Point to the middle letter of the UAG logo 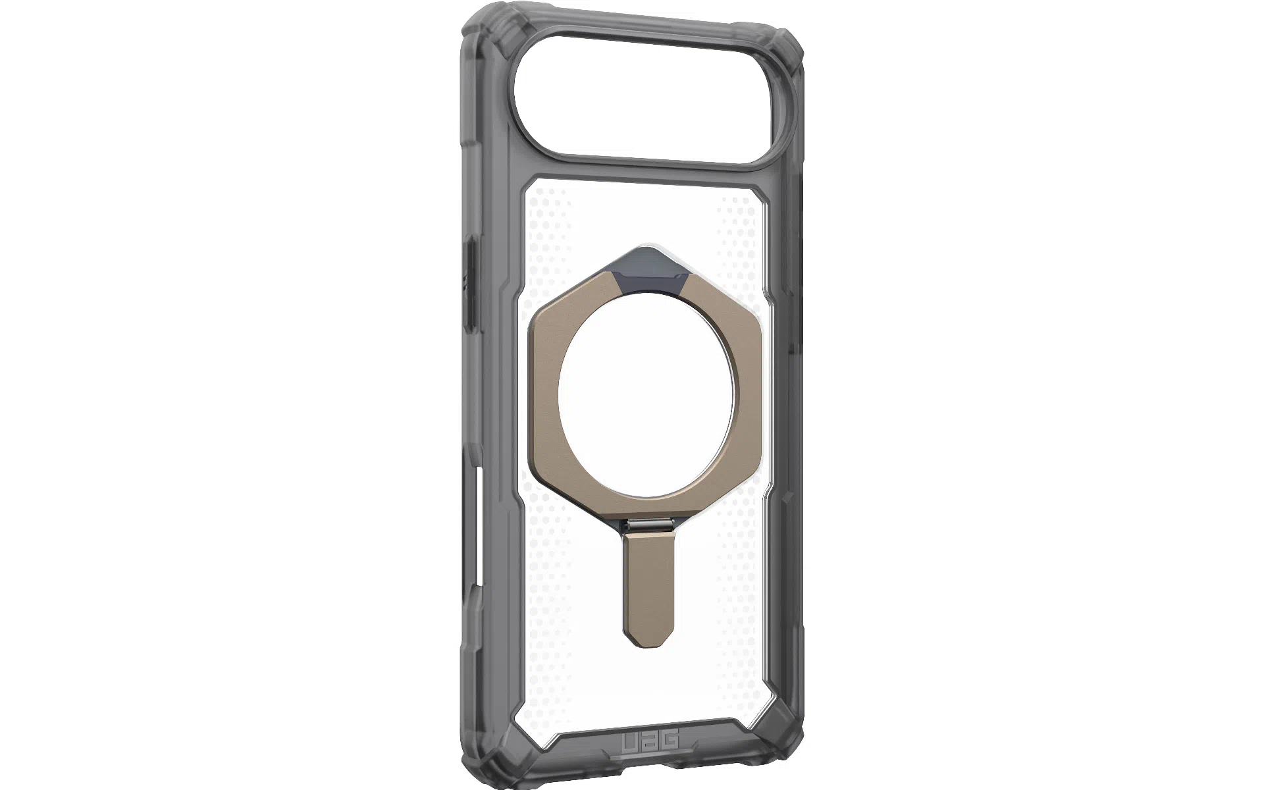click(x=649, y=740)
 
